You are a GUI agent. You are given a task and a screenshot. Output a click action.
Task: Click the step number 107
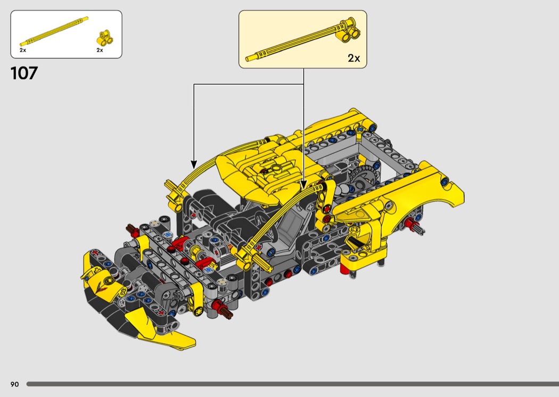24,73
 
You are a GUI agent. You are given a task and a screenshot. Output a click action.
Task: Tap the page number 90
14,384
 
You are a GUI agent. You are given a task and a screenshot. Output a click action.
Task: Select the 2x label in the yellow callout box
354,58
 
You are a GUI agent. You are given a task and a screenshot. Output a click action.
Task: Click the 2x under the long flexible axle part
23,50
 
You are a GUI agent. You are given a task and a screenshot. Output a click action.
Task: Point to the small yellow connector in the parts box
105,38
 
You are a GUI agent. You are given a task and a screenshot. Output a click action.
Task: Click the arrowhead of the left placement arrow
194,164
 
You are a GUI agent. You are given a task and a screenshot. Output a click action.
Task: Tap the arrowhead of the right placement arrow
303,185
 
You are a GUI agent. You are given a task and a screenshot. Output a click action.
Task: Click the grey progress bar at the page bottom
293,384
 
